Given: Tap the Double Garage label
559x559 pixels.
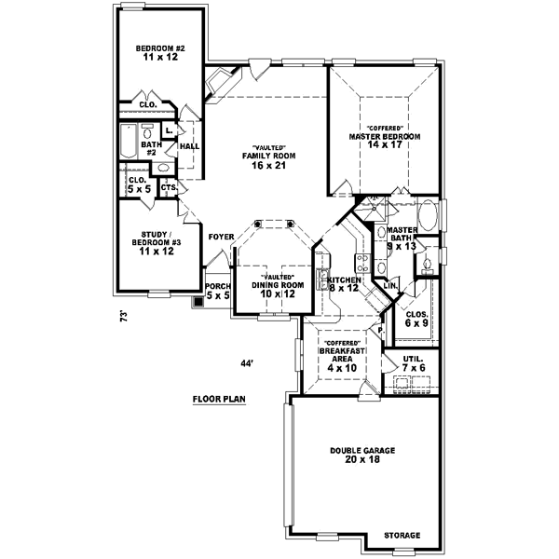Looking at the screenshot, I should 362,456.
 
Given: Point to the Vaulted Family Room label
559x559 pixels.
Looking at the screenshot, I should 269,157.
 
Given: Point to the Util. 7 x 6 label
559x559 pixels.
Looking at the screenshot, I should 414,363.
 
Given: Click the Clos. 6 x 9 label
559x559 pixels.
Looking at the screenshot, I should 416,319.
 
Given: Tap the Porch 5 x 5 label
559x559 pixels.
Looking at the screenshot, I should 217,291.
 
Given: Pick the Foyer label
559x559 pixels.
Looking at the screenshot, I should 221,237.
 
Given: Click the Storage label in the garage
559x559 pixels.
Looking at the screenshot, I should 402,536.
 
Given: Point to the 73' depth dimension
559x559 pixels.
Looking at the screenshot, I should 122,316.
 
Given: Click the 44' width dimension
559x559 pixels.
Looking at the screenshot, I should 246,362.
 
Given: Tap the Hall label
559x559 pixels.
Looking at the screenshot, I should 189,146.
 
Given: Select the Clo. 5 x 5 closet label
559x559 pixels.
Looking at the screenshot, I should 137,184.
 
